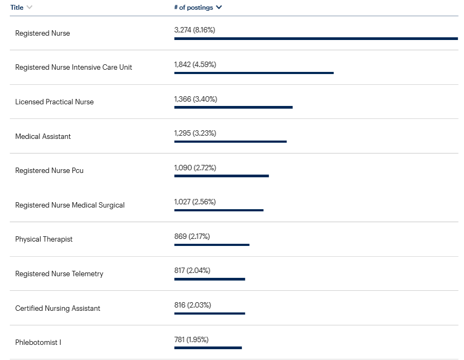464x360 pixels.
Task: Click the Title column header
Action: (17, 8)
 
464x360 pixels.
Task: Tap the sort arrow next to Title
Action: (29, 8)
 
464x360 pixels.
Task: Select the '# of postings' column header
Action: (194, 8)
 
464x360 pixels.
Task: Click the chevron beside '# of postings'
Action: (219, 8)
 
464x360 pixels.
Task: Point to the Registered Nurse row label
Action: (43, 34)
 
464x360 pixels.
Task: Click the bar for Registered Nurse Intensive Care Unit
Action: (254, 73)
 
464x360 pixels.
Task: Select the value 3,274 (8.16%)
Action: (194, 30)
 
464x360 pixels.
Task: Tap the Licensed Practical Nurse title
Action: (55, 102)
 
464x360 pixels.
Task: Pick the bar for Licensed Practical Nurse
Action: (233, 107)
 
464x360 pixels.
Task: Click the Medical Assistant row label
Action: (43, 137)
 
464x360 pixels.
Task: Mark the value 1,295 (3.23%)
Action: (195, 133)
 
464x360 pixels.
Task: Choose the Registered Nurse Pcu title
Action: (50, 171)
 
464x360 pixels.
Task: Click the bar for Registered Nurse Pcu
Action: (221, 176)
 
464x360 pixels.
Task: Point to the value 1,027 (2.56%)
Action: (195, 202)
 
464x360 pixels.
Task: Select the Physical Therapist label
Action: (44, 239)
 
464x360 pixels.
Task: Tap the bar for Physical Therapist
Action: (212, 244)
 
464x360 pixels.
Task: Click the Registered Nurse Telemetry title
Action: (59, 274)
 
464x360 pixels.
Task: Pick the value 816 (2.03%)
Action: (193, 305)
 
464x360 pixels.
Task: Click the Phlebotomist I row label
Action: (38, 343)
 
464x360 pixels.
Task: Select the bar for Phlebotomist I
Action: (208, 348)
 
